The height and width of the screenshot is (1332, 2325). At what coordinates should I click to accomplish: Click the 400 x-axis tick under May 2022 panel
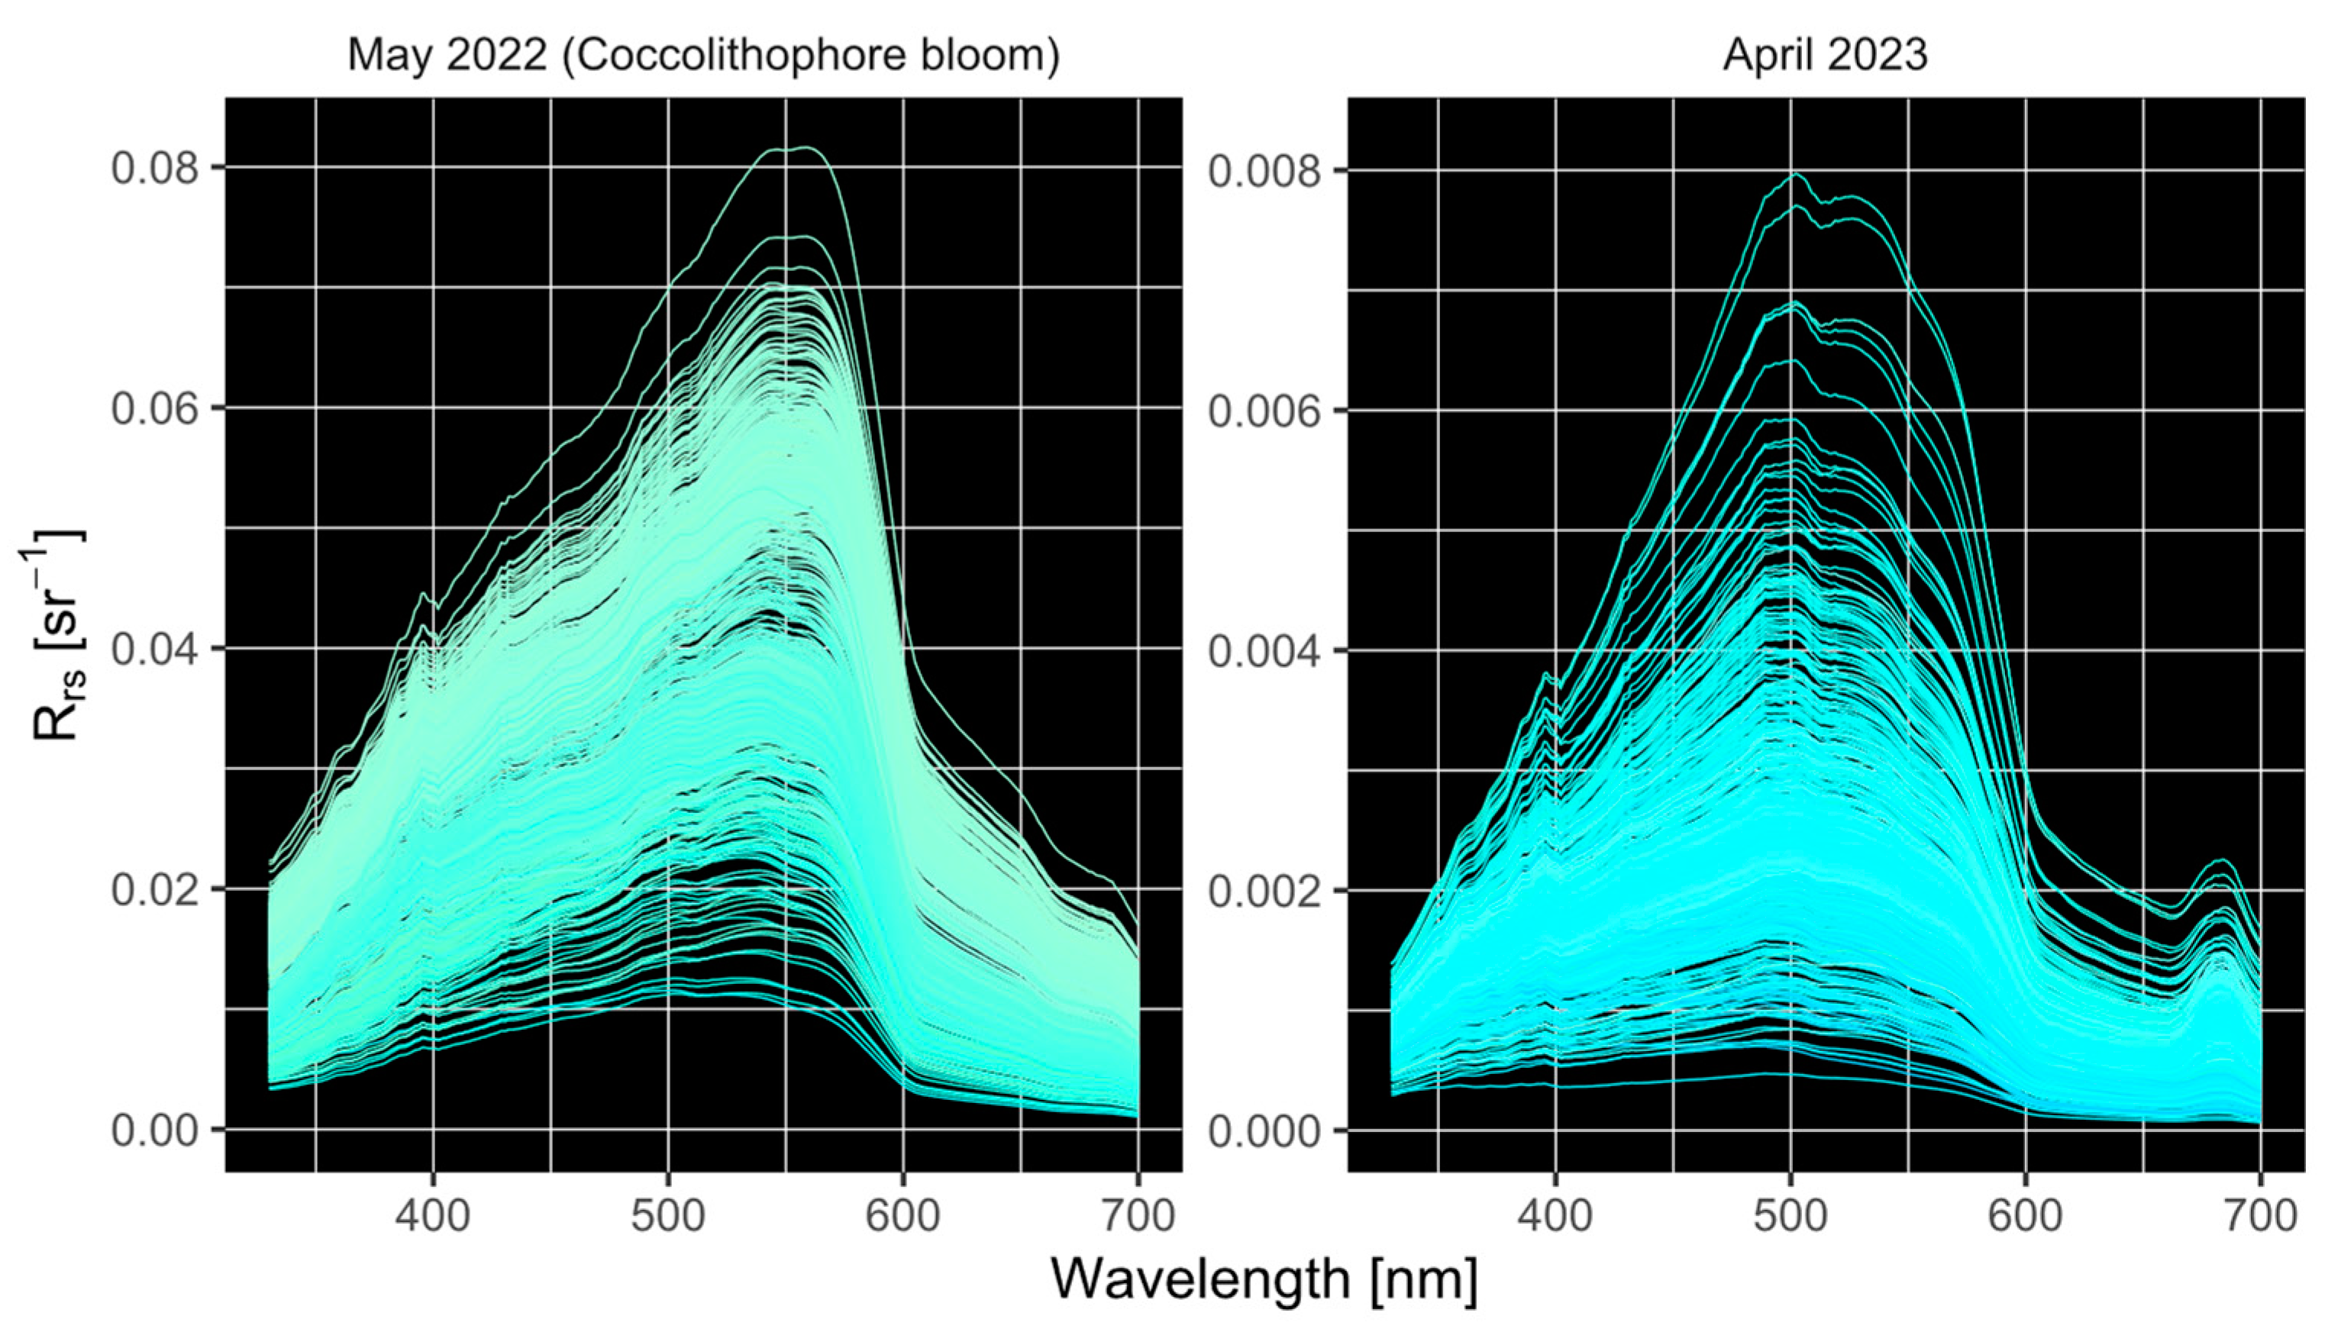point(433,1217)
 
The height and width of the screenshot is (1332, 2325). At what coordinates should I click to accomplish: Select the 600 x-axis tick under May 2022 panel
point(903,1217)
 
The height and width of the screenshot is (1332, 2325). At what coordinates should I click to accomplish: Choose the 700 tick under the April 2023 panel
point(2260,1217)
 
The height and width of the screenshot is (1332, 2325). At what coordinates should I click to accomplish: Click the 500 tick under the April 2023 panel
point(1791,1217)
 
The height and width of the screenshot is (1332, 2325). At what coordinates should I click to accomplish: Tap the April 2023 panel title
point(1826,55)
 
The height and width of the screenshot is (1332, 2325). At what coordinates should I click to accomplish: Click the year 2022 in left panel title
point(496,56)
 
